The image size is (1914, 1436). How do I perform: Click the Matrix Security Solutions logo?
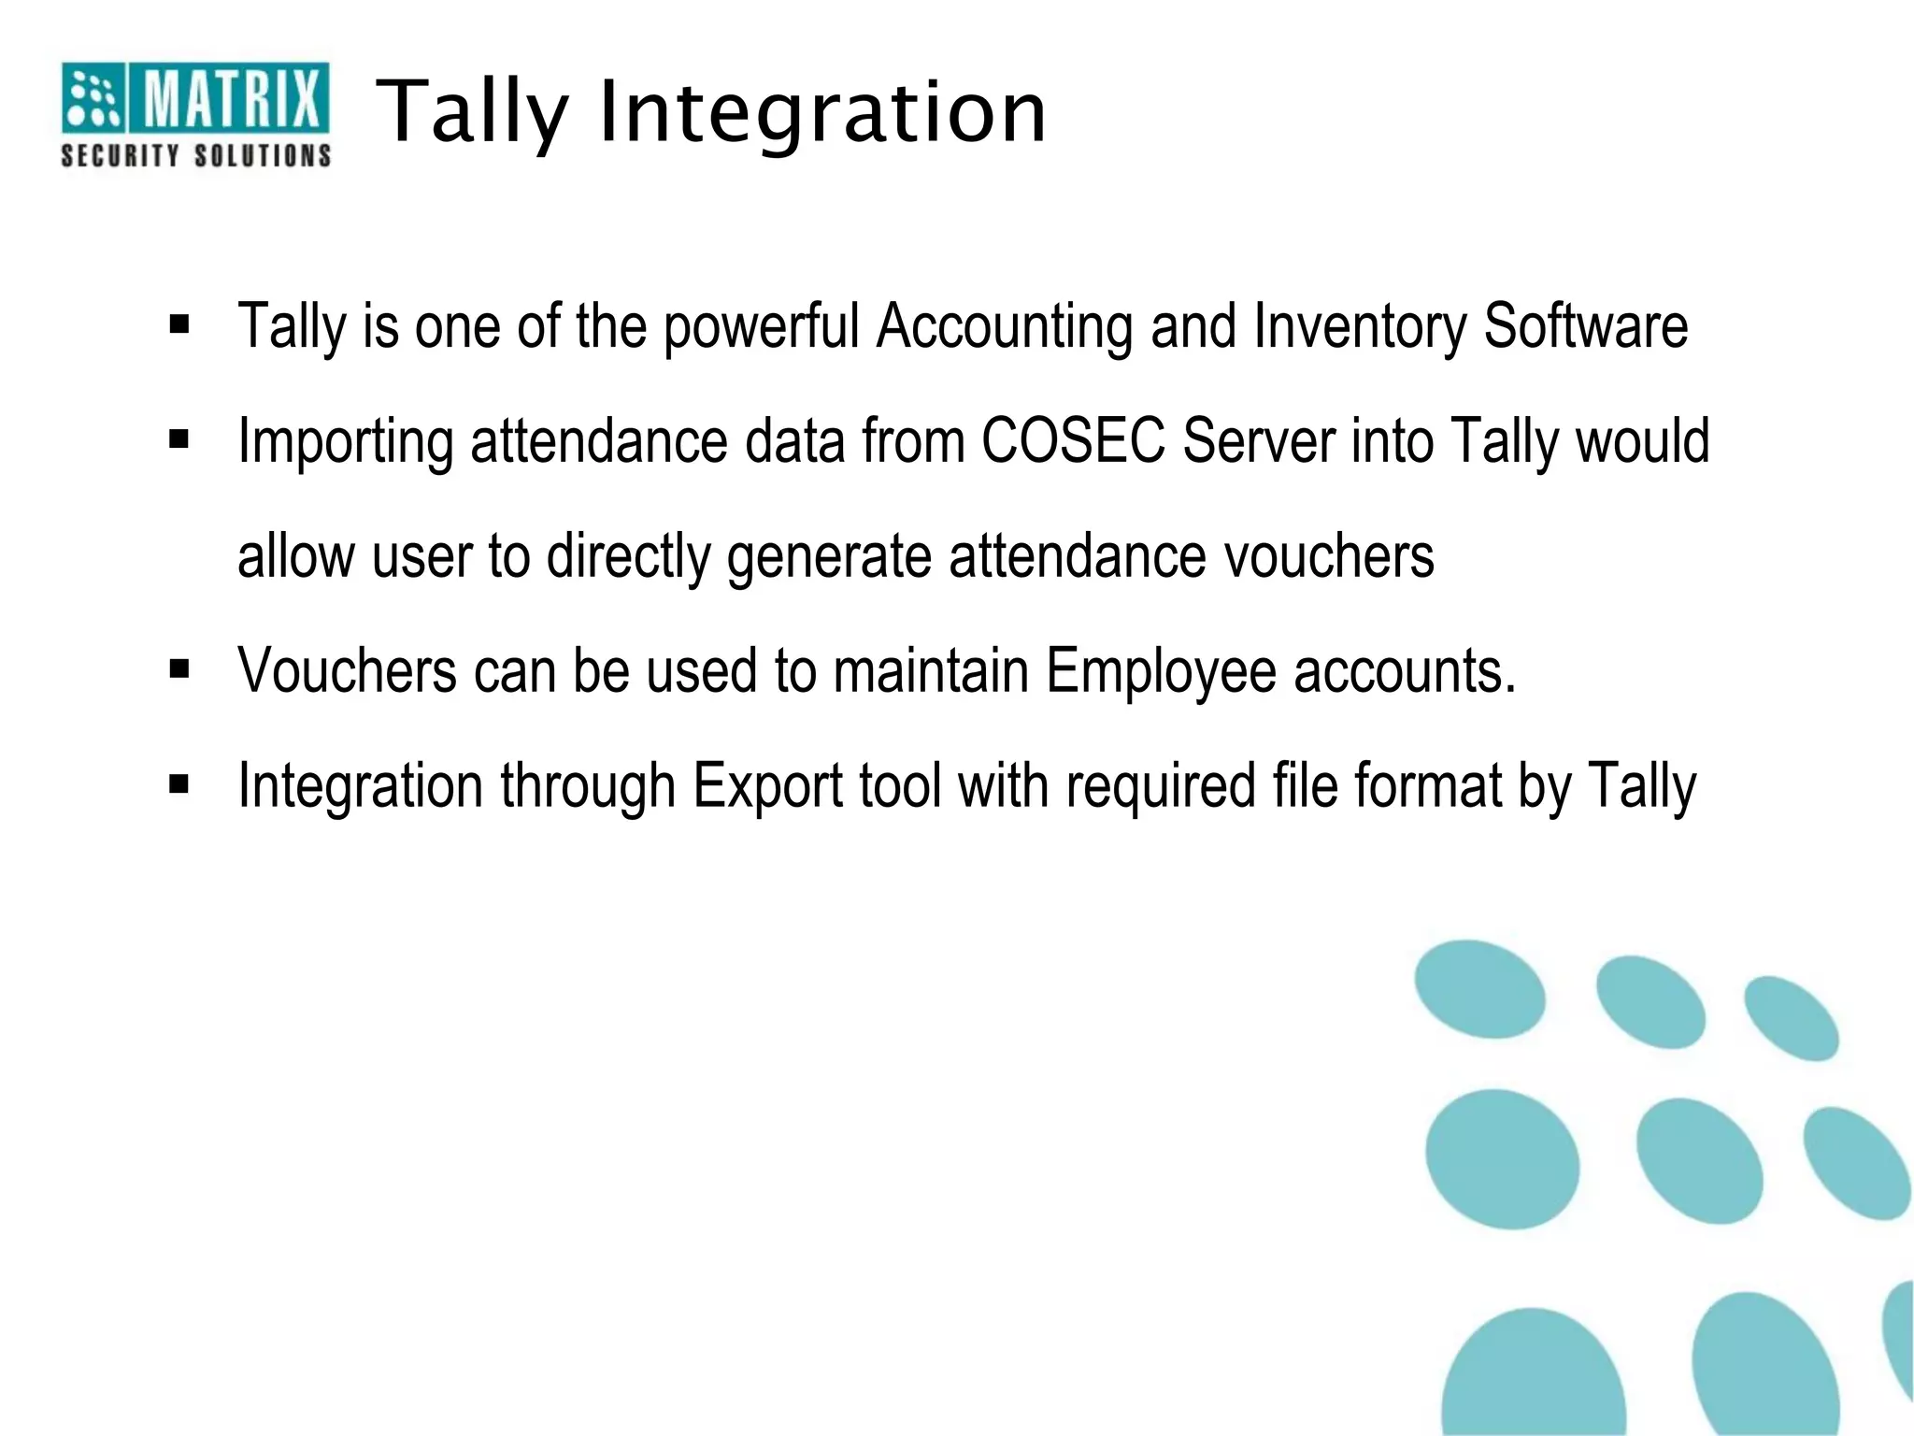(x=195, y=114)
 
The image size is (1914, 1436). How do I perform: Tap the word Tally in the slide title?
(x=472, y=114)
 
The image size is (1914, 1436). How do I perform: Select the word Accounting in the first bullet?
(x=1005, y=326)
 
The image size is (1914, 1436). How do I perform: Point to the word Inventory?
(x=1360, y=328)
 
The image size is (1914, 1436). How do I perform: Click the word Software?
(x=1586, y=326)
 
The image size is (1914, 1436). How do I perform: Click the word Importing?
(x=346, y=442)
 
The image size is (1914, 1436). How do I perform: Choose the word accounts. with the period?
(x=1405, y=671)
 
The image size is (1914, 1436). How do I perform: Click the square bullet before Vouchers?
(x=179, y=668)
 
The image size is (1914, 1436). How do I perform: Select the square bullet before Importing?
(x=179, y=438)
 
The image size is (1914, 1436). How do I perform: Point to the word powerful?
(x=762, y=328)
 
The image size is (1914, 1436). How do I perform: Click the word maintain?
(x=931, y=671)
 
